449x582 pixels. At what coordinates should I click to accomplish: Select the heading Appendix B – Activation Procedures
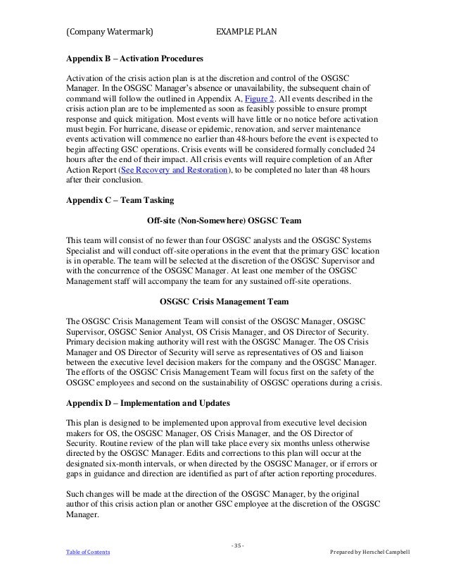point(134,56)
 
